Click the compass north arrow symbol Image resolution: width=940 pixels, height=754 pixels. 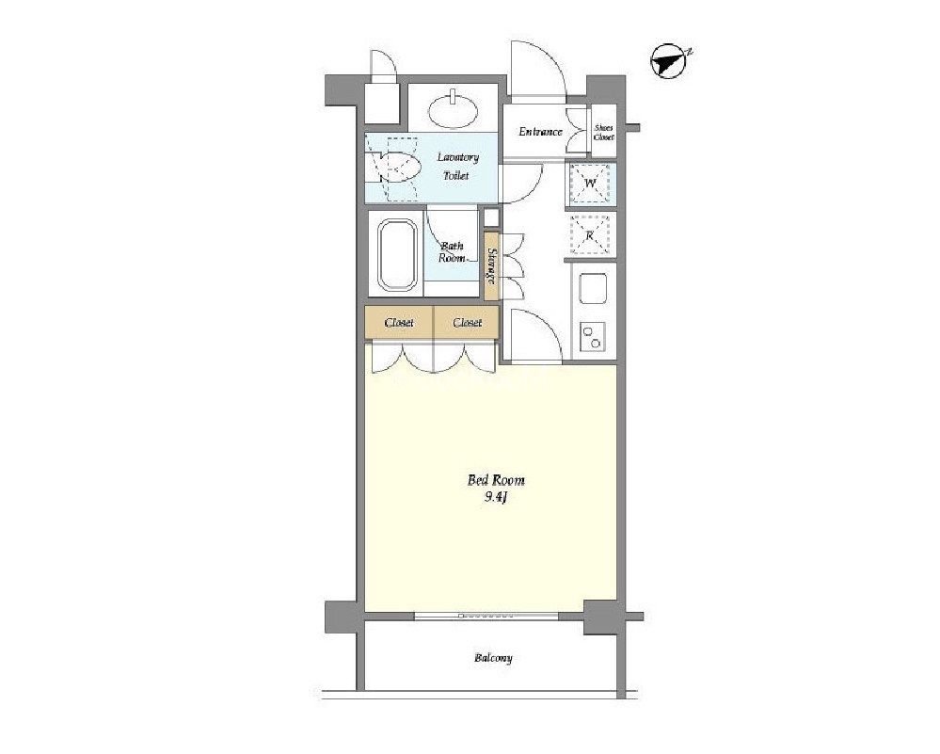point(670,60)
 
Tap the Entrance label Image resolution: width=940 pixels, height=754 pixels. point(540,132)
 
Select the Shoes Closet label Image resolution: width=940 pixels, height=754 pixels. point(604,133)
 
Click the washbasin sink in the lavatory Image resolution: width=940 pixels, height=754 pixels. point(454,109)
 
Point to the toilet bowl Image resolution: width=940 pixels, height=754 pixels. point(398,168)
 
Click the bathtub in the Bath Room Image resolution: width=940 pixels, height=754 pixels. point(397,254)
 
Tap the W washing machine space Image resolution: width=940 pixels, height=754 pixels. point(590,183)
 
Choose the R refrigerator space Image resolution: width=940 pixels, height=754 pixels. point(590,235)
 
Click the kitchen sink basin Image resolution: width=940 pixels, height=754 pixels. point(593,289)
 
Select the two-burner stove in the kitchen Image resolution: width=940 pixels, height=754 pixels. point(593,336)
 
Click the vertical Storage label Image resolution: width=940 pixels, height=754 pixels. point(491,265)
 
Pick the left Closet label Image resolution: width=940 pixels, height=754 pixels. point(399,323)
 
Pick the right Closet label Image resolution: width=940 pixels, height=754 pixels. point(468,323)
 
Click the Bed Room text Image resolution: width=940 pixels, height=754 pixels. point(496,480)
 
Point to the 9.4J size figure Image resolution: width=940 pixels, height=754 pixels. point(496,497)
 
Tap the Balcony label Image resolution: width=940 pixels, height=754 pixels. point(493,658)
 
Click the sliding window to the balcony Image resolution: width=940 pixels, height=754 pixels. point(486,616)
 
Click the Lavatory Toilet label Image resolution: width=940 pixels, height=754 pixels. point(457,167)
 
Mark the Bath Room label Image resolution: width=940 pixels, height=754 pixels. point(452,252)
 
